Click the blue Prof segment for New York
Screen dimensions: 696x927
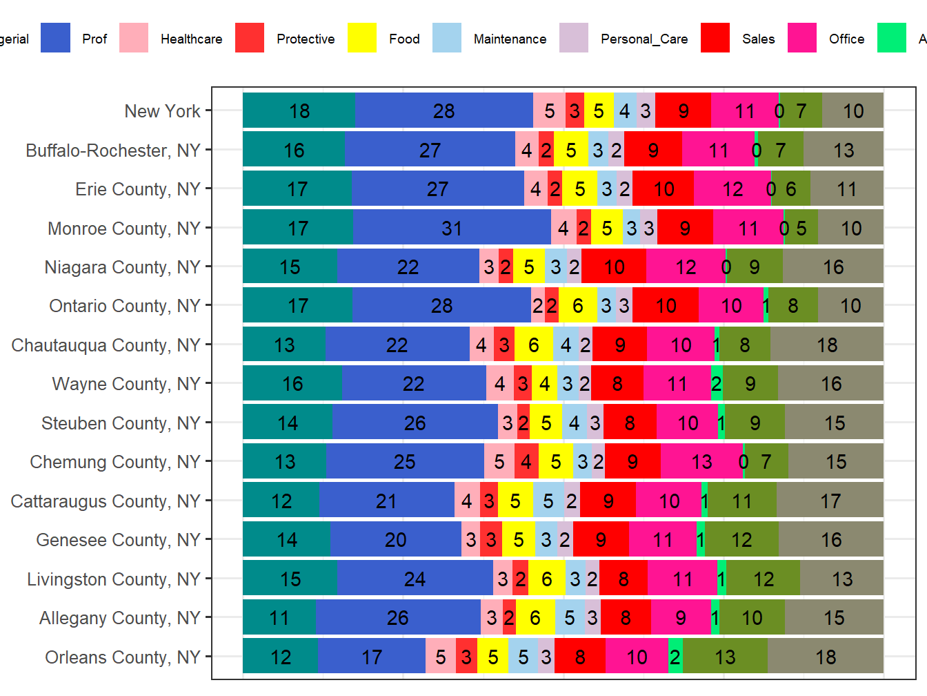444,110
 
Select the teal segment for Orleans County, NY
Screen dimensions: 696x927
280,656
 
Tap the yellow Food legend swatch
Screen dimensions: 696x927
362,38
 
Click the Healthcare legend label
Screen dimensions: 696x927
191,39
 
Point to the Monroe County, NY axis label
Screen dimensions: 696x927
123,228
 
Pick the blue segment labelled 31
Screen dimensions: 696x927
452,228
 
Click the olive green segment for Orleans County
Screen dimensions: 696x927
725,656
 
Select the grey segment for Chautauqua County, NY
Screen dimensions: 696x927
826,345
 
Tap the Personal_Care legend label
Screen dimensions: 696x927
644,39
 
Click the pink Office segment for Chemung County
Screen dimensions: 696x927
701,461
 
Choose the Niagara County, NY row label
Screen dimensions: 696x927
122,267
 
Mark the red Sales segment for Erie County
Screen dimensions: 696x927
663,188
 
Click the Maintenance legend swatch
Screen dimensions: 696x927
447,38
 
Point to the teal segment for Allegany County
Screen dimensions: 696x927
279,617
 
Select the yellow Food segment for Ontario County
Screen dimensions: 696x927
577,305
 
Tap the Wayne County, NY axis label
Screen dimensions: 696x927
126,384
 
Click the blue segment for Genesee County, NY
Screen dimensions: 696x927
395,539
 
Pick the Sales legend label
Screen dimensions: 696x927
758,39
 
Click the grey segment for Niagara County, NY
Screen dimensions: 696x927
833,267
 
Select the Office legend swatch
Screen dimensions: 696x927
802,38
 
